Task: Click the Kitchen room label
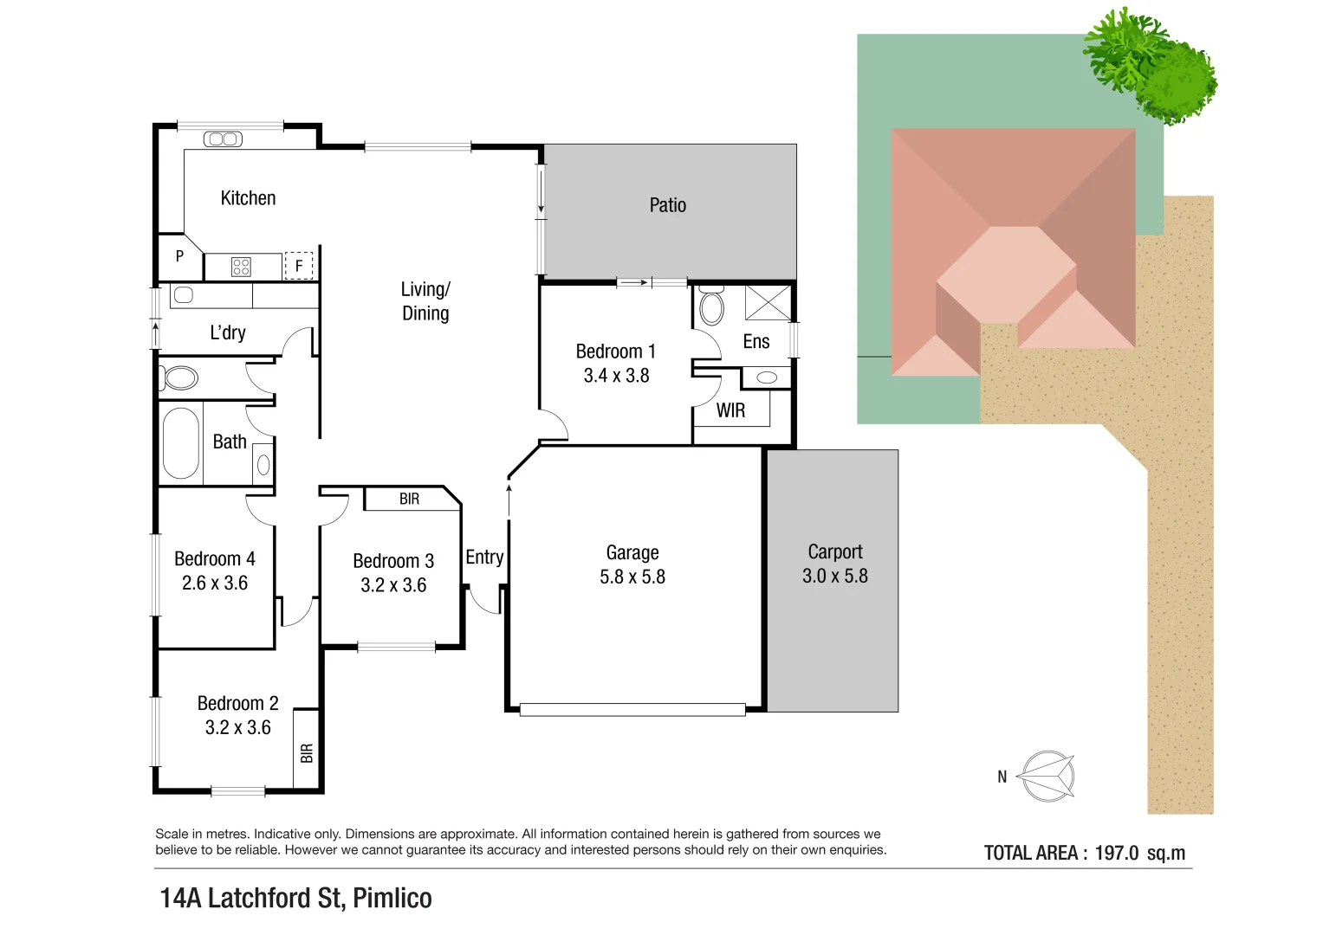(x=248, y=198)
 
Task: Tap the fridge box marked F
(x=299, y=266)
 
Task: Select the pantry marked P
(x=179, y=256)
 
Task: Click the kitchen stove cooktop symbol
(x=241, y=267)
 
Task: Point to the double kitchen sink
(x=223, y=139)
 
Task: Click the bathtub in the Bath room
(x=181, y=443)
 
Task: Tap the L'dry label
(x=228, y=333)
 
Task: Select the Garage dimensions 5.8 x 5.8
(x=632, y=577)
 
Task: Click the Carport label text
(x=834, y=551)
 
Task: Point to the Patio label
(x=667, y=205)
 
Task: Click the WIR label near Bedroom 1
(x=730, y=411)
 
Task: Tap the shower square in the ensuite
(x=768, y=302)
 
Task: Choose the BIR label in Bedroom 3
(x=409, y=500)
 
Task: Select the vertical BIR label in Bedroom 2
(x=306, y=753)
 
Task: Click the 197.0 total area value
(x=1116, y=853)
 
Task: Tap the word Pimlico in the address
(x=392, y=898)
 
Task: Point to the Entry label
(x=484, y=558)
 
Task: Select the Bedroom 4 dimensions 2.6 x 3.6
(x=215, y=584)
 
